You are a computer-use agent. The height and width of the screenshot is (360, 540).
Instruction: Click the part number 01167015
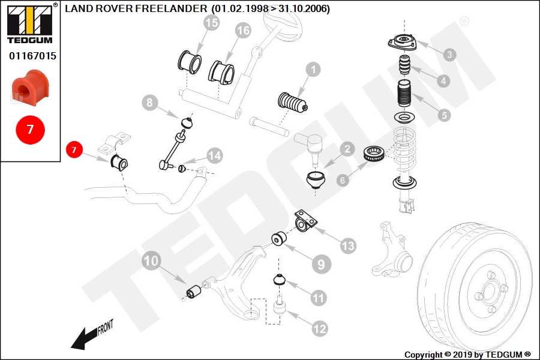tap(32, 56)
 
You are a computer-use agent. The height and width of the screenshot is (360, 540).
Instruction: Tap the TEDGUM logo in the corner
tap(31, 24)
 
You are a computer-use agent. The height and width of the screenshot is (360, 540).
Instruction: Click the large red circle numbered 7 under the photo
tap(31, 130)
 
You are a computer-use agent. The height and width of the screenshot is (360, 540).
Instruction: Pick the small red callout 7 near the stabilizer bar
tap(74, 149)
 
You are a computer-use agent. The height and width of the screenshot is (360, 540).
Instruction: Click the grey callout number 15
tap(211, 23)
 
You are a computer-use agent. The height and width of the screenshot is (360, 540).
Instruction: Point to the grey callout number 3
tap(449, 55)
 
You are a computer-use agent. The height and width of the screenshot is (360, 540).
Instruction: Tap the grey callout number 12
tap(319, 329)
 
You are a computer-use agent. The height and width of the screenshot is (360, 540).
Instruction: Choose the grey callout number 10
tap(151, 261)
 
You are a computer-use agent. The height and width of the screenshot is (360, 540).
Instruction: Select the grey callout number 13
tap(348, 246)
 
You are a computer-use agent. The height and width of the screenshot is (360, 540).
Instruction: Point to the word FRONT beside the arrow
tap(105, 327)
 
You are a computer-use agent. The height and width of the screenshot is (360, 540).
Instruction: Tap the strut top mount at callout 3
tap(402, 43)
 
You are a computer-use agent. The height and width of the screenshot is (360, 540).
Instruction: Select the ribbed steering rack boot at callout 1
tap(292, 103)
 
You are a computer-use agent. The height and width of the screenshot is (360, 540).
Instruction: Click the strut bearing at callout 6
tap(374, 154)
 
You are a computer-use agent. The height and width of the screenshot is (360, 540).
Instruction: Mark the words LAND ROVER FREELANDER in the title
tap(136, 8)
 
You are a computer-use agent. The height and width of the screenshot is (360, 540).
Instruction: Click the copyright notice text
tap(467, 355)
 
